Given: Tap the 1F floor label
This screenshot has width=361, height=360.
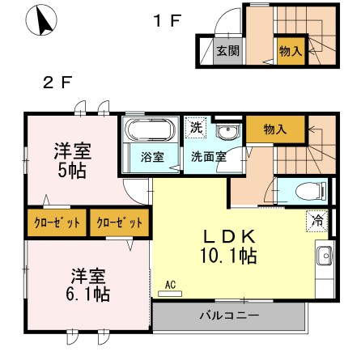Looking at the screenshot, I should pos(166,21).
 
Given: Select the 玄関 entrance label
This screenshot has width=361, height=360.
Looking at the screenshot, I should pos(227,51).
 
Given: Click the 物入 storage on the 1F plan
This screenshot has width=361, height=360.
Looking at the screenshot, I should pos(290,51).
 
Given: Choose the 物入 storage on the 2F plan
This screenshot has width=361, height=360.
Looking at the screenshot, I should pos(275,129).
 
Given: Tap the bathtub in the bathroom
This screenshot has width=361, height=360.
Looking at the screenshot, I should pos(147,130).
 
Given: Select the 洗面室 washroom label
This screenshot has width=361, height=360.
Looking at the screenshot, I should pos(208,157).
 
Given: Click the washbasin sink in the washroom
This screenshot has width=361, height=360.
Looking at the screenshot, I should pos(229,133).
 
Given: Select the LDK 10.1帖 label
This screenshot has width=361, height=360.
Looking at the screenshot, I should pos(228,246).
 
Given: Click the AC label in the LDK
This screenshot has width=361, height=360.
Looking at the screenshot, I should pos(170,285).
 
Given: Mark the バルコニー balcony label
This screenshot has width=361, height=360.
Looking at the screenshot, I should pos(229,316).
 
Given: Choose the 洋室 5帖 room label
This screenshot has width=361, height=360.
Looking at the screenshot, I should pos(71,159).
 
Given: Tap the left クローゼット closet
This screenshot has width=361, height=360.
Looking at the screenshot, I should pos(56,221).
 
